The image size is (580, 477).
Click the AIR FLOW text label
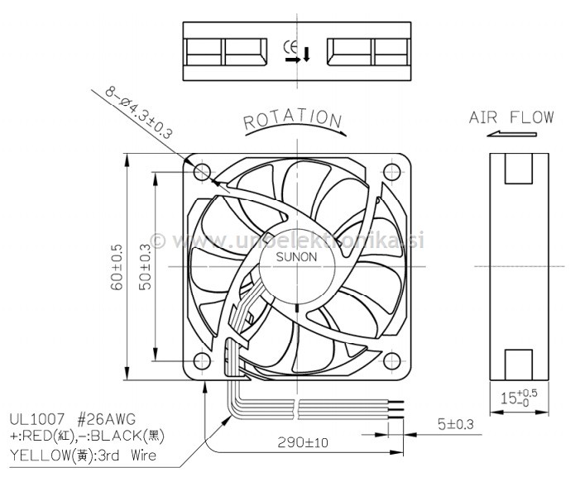(511, 117)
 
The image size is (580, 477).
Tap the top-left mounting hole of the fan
(202, 172)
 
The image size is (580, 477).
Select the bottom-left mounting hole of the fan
(202, 360)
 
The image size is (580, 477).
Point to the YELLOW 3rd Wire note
(83, 455)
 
